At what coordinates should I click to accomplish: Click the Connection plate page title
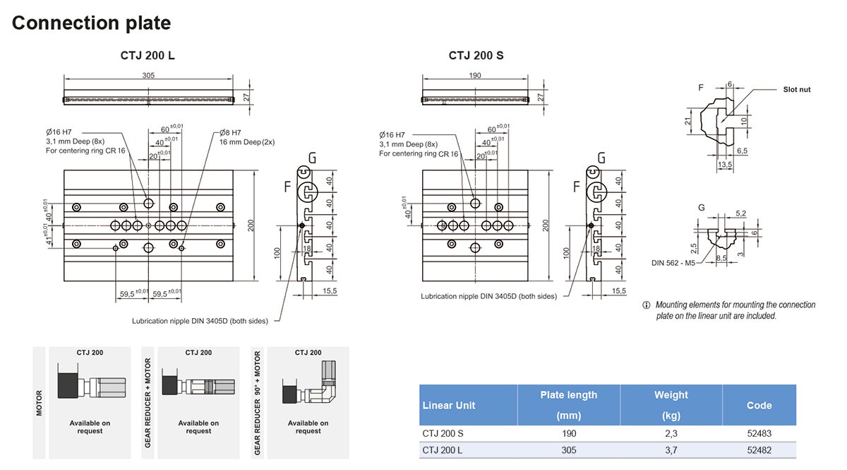[x=91, y=23]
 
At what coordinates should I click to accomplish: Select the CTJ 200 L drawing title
[x=148, y=56]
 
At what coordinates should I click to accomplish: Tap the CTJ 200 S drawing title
[x=476, y=56]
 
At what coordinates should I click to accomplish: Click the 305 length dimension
[x=148, y=76]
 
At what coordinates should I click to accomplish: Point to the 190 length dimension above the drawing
[x=474, y=76]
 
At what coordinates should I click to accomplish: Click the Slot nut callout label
[x=797, y=90]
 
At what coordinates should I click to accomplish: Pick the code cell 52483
[x=759, y=433]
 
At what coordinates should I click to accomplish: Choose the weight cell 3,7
[x=671, y=450]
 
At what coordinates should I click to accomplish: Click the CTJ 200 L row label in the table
[x=443, y=450]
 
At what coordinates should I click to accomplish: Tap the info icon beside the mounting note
[x=646, y=305]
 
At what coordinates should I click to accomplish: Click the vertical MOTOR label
[x=40, y=402]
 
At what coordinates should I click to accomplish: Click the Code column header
[x=759, y=406]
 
